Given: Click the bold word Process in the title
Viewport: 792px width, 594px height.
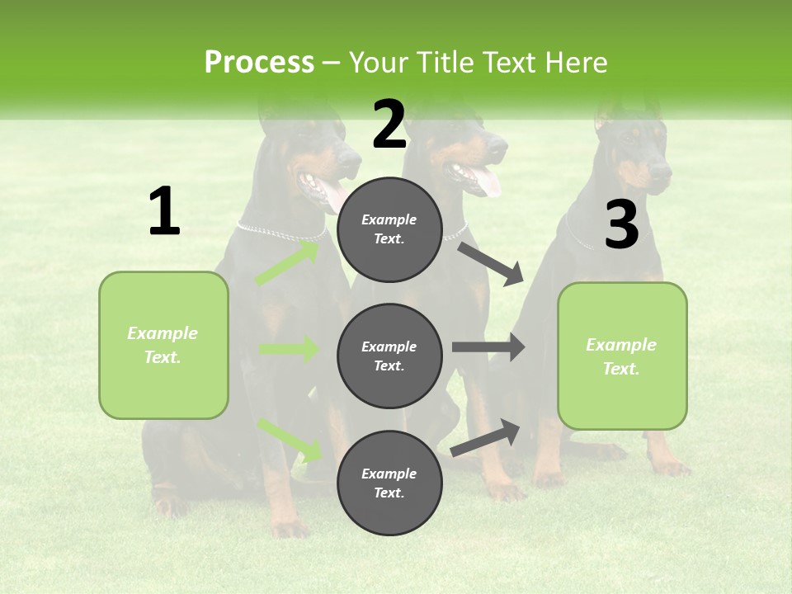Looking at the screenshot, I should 259,63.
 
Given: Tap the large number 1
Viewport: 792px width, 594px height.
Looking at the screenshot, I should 164,212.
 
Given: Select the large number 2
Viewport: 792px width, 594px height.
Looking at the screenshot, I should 389,125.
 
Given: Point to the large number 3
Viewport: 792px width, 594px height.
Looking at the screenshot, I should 621,226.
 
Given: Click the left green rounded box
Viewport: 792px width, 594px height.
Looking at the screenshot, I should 163,345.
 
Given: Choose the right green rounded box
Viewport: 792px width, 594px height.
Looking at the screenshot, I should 622,356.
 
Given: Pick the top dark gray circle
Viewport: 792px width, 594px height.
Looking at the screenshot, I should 389,229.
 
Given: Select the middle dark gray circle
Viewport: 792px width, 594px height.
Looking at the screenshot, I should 389,356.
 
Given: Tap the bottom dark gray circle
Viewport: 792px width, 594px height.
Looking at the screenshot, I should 389,483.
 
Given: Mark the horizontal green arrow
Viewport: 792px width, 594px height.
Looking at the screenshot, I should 289,349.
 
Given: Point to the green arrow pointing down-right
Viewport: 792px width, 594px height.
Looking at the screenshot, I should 289,439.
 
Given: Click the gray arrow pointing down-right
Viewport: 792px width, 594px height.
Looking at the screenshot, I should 492,263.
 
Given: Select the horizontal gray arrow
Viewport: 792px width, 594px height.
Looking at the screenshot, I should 488,347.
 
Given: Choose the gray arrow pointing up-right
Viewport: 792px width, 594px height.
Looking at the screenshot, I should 485,438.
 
